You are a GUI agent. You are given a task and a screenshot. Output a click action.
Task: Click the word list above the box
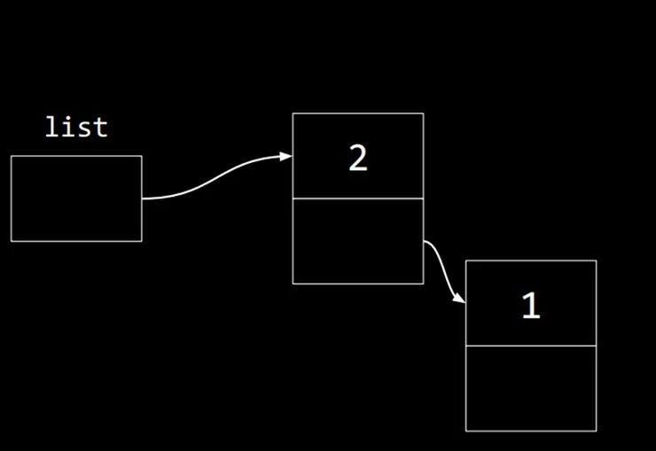pos(76,127)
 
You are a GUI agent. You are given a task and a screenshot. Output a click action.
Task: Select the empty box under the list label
pos(76,198)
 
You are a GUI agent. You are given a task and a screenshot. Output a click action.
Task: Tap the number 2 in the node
pos(358,158)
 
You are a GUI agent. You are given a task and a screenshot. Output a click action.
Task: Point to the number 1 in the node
pos(531,306)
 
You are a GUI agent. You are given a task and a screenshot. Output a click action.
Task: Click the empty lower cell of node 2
pos(358,241)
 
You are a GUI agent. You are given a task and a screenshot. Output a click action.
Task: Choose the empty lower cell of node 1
pos(531,388)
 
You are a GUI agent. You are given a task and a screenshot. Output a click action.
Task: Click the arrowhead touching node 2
pos(286,156)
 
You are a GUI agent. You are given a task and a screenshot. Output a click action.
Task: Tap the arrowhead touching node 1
pos(459,298)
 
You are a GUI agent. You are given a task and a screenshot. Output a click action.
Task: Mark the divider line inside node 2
pos(358,198)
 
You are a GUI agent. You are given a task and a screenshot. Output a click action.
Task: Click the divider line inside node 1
pos(531,346)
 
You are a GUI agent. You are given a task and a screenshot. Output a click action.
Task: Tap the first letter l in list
pos(51,127)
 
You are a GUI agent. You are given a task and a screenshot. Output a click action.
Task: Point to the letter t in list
pos(101,128)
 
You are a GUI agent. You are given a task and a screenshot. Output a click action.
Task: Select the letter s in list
pos(85,129)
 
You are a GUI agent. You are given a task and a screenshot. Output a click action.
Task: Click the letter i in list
pos(68,127)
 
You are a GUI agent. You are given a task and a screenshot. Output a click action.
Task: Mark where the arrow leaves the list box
pos(142,198)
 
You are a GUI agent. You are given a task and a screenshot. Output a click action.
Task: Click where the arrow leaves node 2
pos(424,241)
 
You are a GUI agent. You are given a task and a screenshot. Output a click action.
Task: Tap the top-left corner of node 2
pos(293,113)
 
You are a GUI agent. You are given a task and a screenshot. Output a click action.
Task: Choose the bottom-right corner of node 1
pos(597,431)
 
